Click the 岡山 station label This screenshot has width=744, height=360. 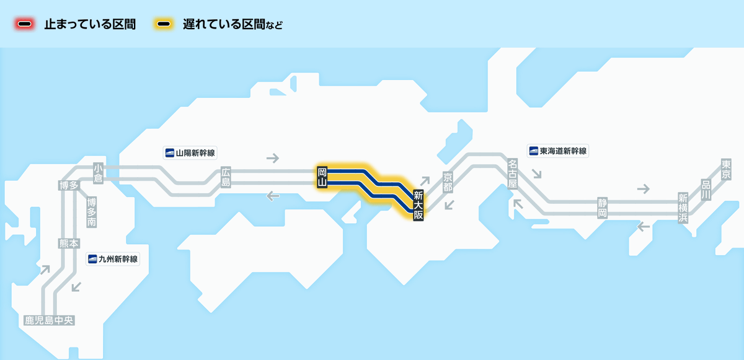pyautogui.click(x=322, y=177)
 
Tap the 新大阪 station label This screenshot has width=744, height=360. pyautogui.click(x=418, y=205)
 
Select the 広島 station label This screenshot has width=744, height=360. pyautogui.click(x=226, y=177)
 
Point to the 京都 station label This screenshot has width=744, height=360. pyautogui.click(x=448, y=182)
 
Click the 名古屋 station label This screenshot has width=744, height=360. pyautogui.click(x=513, y=173)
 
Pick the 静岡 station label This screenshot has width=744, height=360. pyautogui.click(x=602, y=208)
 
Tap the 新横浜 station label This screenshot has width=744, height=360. pyautogui.click(x=683, y=208)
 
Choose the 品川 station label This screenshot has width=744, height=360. pyautogui.click(x=706, y=190)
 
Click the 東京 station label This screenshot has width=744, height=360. pyautogui.click(x=726, y=169)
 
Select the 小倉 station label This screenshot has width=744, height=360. pyautogui.click(x=98, y=173)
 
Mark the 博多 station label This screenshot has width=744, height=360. pyautogui.click(x=69, y=185)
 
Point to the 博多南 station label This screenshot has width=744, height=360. pyautogui.click(x=91, y=212)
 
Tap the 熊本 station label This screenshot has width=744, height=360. pyautogui.click(x=69, y=244)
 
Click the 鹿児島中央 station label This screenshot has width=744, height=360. pyautogui.click(x=49, y=320)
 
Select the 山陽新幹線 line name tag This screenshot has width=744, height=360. pyautogui.click(x=190, y=153)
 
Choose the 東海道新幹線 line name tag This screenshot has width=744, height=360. pyautogui.click(x=558, y=151)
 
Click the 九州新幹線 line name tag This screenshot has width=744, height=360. pyautogui.click(x=113, y=259)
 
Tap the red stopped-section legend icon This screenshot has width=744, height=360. pyautogui.click(x=25, y=24)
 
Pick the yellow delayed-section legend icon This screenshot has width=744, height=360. pyautogui.click(x=164, y=24)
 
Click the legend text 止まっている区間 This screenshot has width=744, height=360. pyautogui.click(x=90, y=24)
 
